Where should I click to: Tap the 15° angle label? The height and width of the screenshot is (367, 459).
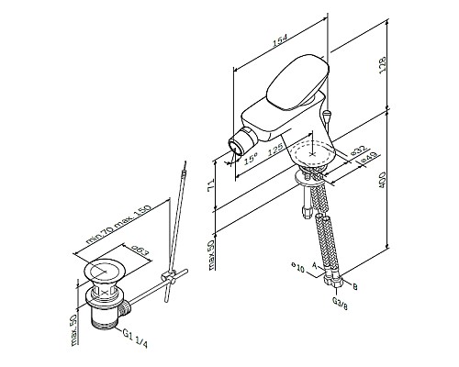point(251,158)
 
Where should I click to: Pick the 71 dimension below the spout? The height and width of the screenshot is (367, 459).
point(213,186)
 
